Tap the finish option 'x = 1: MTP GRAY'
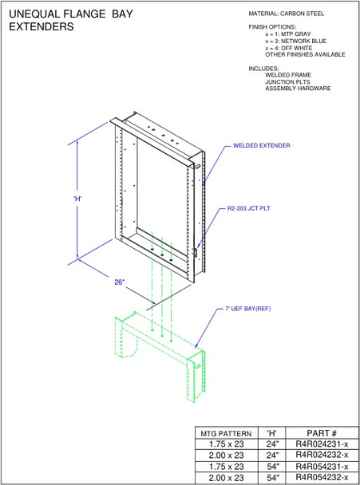(x=292, y=35)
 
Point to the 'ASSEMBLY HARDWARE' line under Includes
(x=297, y=89)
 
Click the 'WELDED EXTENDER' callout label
(x=261, y=146)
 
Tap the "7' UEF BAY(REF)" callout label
(x=248, y=308)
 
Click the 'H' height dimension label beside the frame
(x=77, y=198)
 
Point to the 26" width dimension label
(x=120, y=282)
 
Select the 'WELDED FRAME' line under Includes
(x=288, y=75)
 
